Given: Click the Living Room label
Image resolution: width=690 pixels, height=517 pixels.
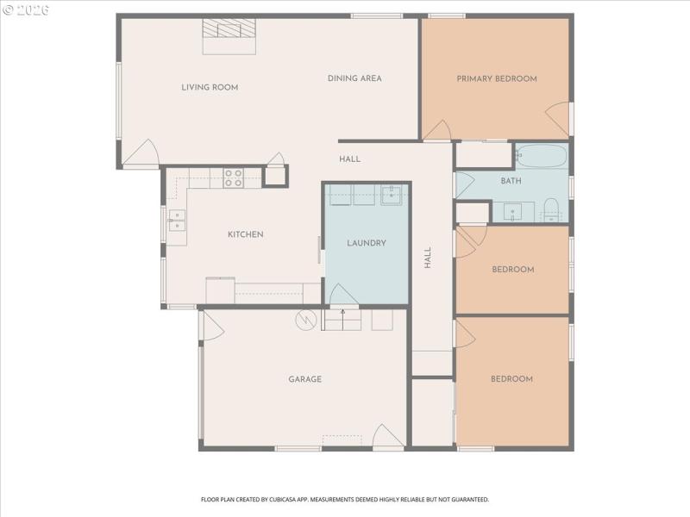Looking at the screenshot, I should [210, 87].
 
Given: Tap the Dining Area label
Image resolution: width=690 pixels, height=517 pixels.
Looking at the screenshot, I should [354, 78].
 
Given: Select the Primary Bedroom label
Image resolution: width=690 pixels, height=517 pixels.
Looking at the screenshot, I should [497, 78].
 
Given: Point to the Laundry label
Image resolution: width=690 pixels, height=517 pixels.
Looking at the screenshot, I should [367, 243].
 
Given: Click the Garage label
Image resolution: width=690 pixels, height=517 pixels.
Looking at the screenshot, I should [305, 379].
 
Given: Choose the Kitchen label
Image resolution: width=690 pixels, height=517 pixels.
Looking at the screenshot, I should [245, 234].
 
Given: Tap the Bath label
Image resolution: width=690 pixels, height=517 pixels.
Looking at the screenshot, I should [511, 181].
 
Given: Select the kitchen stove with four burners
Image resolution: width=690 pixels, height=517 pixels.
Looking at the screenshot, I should [233, 178].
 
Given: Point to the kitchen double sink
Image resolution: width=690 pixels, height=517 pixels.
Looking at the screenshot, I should [176, 221].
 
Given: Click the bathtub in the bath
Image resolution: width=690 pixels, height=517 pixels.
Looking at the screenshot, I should [541, 157].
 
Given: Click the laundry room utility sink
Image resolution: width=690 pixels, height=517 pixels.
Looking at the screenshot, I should [392, 195].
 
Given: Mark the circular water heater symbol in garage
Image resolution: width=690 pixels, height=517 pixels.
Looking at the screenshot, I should [305, 321].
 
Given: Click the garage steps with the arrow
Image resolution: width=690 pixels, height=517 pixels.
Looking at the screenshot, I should [342, 320].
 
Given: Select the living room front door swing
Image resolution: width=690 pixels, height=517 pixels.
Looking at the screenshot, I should [141, 155].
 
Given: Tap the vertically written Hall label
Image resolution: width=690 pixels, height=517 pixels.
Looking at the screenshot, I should [427, 258].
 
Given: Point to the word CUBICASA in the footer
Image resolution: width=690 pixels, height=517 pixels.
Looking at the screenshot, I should [279, 499].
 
